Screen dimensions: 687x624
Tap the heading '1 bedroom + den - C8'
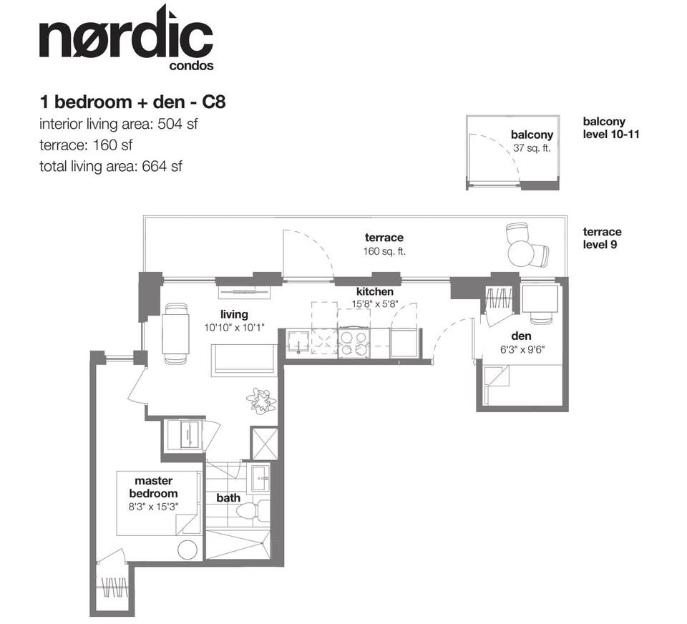133,102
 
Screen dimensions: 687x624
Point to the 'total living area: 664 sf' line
111,167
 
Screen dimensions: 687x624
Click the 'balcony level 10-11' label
610,127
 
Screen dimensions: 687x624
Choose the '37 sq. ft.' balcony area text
532,148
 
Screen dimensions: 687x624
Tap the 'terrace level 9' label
602,238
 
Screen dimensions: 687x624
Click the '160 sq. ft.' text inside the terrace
384,251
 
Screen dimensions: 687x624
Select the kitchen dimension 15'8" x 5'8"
374,303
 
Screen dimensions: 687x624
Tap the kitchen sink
298,342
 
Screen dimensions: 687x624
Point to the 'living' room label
234,314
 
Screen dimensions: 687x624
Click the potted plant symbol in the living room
261,399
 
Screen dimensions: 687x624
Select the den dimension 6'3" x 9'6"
522,350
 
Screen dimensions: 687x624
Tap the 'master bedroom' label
153,487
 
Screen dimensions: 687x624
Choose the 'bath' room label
228,498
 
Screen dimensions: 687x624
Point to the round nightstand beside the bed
187,550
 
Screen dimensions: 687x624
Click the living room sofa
244,360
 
